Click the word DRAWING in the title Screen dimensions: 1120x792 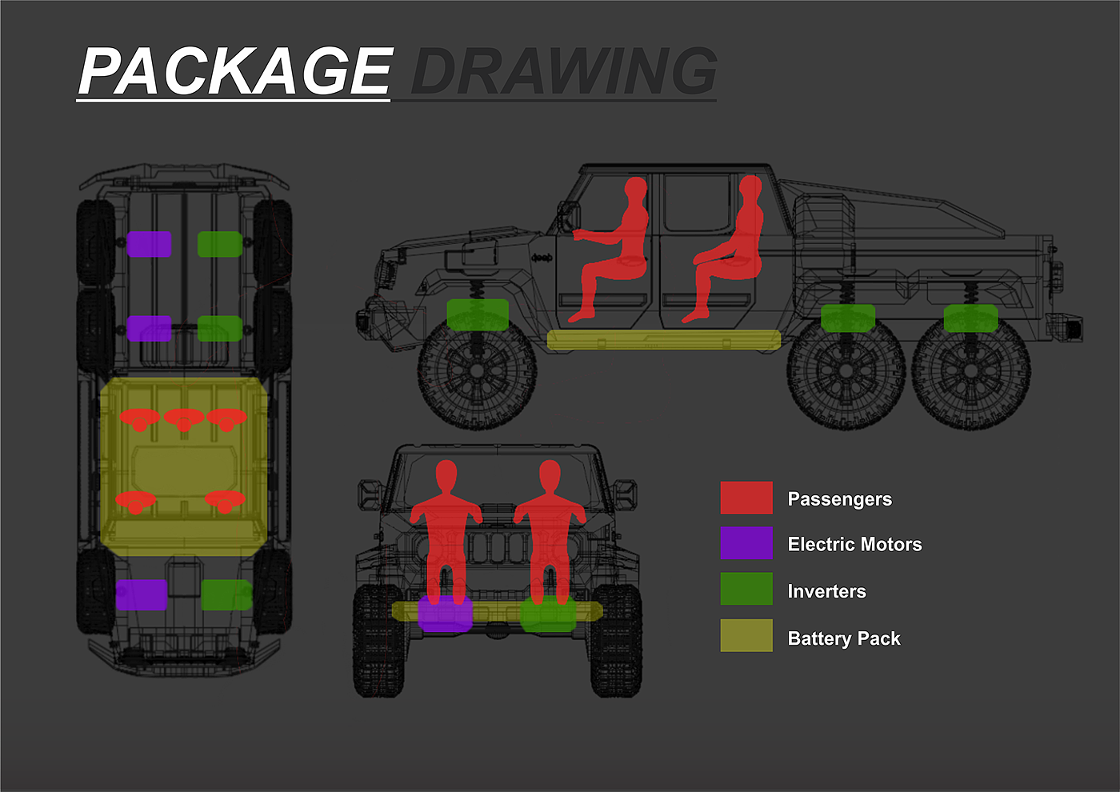tap(563, 72)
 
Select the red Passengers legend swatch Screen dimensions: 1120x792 tap(746, 498)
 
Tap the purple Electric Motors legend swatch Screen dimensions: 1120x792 tap(746, 543)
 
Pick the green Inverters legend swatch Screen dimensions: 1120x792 tap(746, 589)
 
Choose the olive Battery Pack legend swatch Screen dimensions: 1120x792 tap(746, 635)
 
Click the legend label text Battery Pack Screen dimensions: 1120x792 tap(844, 638)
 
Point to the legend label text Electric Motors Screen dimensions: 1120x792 tap(854, 545)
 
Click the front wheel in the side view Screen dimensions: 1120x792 tap(477, 372)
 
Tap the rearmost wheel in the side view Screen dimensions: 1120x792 tap(970, 372)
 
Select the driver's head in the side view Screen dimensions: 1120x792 tap(635, 190)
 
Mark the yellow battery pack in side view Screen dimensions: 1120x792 tap(664, 340)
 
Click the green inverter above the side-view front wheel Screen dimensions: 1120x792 tap(478, 314)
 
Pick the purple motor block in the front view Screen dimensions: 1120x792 tap(445, 614)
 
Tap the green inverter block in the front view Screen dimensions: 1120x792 tap(548, 614)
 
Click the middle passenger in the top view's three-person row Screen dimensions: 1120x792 tap(184, 418)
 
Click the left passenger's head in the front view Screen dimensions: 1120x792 tap(446, 476)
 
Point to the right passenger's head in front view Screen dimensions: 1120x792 tap(550, 476)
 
